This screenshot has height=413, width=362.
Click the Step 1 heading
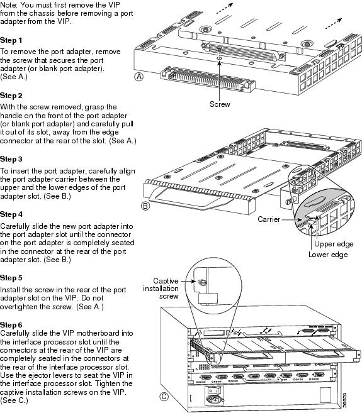pos(11,40)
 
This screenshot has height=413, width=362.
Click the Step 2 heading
pos(11,96)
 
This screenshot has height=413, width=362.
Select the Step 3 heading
pos(11,159)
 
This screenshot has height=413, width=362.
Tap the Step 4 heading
pos(11,214)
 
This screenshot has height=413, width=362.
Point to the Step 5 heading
pos(11,277)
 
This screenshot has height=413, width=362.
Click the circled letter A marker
pos(139,76)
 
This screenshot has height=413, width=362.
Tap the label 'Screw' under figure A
pos(220,104)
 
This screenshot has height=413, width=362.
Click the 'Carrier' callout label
pos(270,220)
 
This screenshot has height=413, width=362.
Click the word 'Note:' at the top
pos(11,4)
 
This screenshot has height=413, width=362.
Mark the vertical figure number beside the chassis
pos(348,397)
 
